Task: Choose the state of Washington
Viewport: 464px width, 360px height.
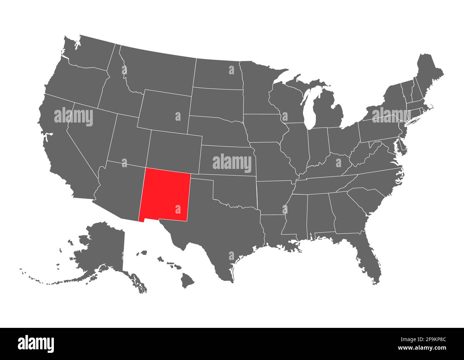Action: (x=89, y=54)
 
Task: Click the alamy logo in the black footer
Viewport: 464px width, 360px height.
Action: (x=36, y=344)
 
